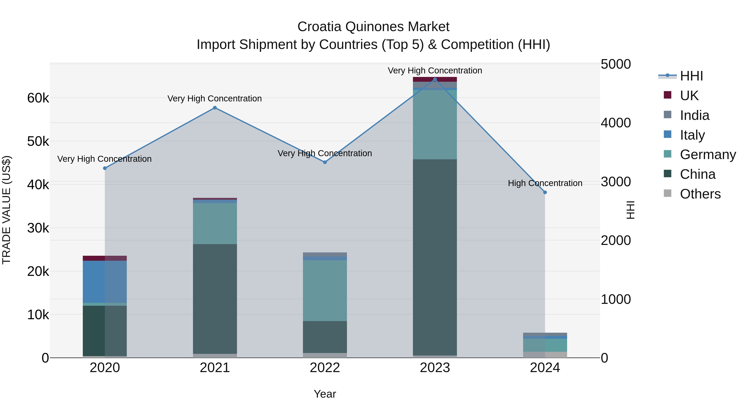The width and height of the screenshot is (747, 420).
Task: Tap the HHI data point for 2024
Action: (x=545, y=192)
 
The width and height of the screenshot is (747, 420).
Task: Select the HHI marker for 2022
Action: (x=325, y=162)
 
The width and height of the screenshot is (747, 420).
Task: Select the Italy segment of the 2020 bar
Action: (x=105, y=282)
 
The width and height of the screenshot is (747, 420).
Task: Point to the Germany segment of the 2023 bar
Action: (x=435, y=125)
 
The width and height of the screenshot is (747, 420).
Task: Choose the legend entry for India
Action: (x=694, y=115)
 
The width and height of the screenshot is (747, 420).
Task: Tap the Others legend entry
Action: (x=700, y=194)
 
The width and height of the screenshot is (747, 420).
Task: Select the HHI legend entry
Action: (x=691, y=76)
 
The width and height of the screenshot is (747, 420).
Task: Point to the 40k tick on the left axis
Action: (x=38, y=185)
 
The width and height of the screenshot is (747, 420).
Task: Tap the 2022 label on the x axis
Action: (x=325, y=368)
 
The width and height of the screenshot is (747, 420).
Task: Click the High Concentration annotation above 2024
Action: (x=545, y=183)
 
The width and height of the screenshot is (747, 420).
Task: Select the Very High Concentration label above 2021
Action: (x=215, y=99)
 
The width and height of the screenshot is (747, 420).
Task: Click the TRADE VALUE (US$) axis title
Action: (x=6, y=210)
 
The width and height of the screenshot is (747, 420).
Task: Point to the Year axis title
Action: (x=325, y=394)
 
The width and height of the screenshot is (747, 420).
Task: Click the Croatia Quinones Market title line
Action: (x=373, y=27)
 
